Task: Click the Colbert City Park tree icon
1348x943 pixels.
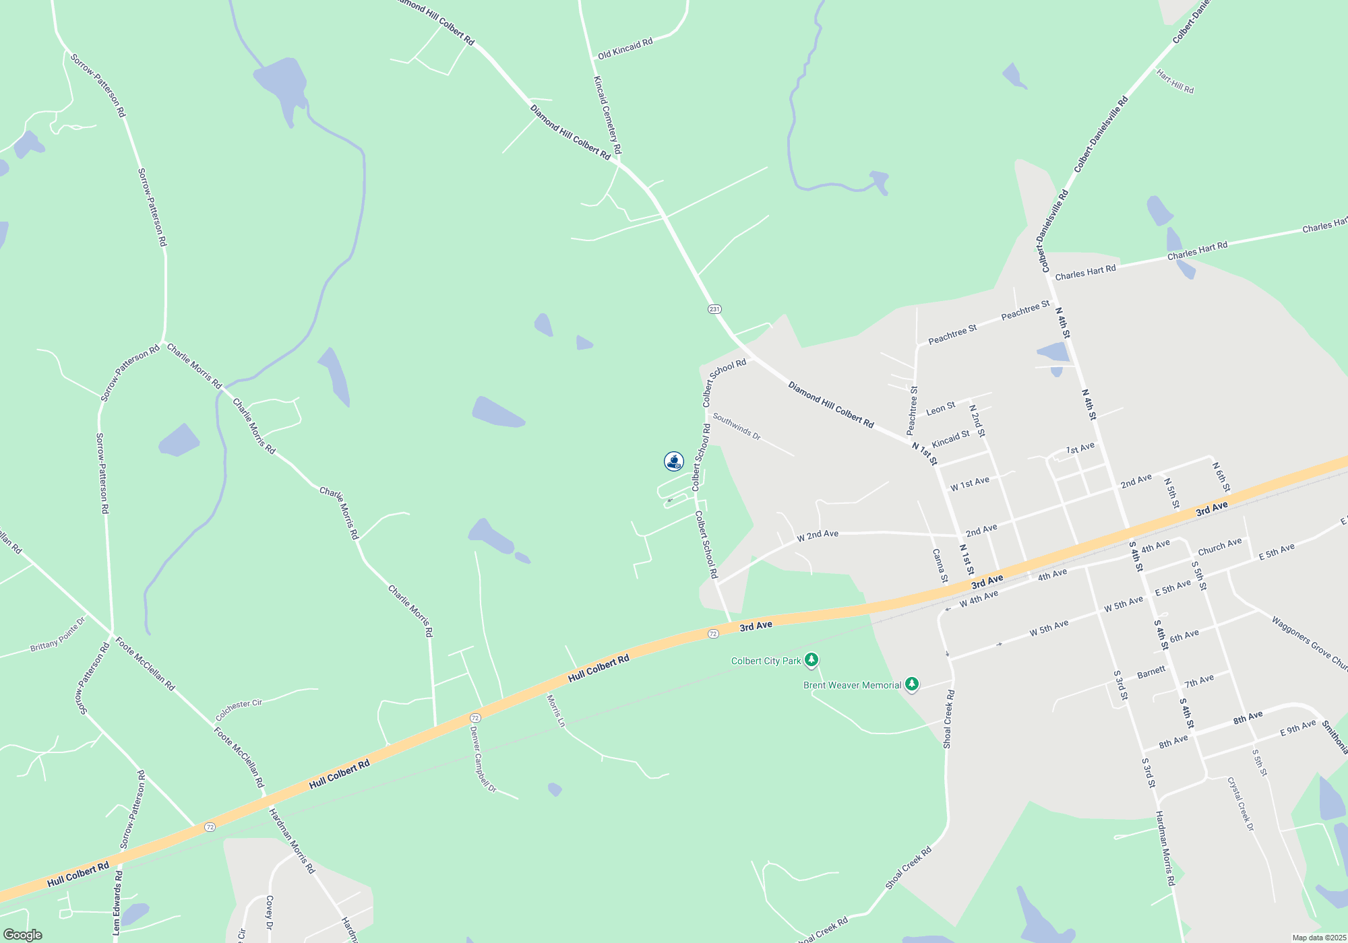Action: [811, 660]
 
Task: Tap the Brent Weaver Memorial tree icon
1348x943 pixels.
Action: [911, 684]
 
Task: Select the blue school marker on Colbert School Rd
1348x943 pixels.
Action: [673, 461]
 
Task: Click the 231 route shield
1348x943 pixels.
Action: [714, 309]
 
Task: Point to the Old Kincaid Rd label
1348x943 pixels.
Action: [625, 48]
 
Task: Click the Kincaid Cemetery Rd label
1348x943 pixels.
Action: [607, 115]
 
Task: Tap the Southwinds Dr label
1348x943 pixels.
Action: [737, 427]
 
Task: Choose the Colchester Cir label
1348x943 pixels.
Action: [239, 709]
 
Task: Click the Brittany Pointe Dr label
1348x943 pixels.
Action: [58, 635]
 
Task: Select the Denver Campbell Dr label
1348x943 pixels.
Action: [483, 758]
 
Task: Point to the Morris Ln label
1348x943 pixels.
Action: [556, 711]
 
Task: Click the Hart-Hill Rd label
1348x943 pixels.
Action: [1175, 82]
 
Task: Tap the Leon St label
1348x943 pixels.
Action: [940, 408]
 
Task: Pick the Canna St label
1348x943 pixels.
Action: [940, 565]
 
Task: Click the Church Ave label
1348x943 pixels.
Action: [1219, 546]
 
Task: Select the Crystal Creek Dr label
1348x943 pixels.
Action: [1240, 804]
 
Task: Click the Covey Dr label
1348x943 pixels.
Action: [270, 913]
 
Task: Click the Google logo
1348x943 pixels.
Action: [22, 935]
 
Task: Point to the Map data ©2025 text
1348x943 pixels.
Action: [1319, 938]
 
